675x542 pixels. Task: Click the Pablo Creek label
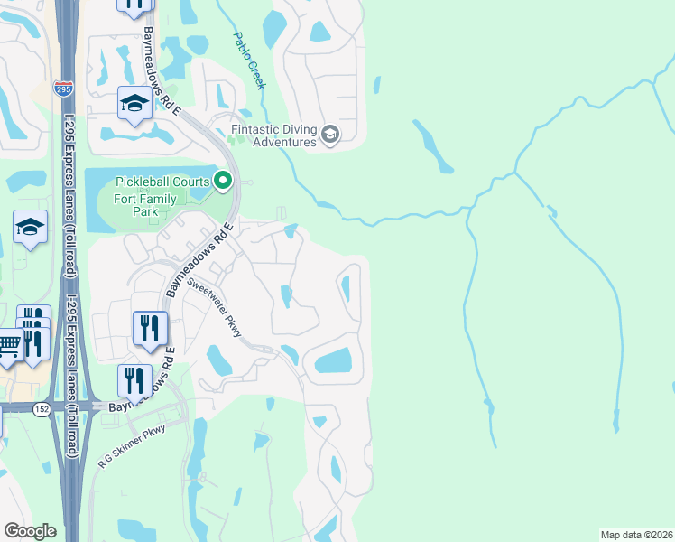[x=249, y=61]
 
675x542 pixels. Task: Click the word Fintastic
[x=263, y=129]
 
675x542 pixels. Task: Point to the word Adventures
[x=284, y=142]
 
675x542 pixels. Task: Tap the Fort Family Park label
[x=136, y=205]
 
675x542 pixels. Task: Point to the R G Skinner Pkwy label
[x=132, y=445]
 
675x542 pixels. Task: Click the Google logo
[x=30, y=531]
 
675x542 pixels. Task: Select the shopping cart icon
[x=8, y=344]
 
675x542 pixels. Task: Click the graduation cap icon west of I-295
[x=30, y=228]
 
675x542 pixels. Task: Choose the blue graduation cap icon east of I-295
[x=134, y=104]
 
